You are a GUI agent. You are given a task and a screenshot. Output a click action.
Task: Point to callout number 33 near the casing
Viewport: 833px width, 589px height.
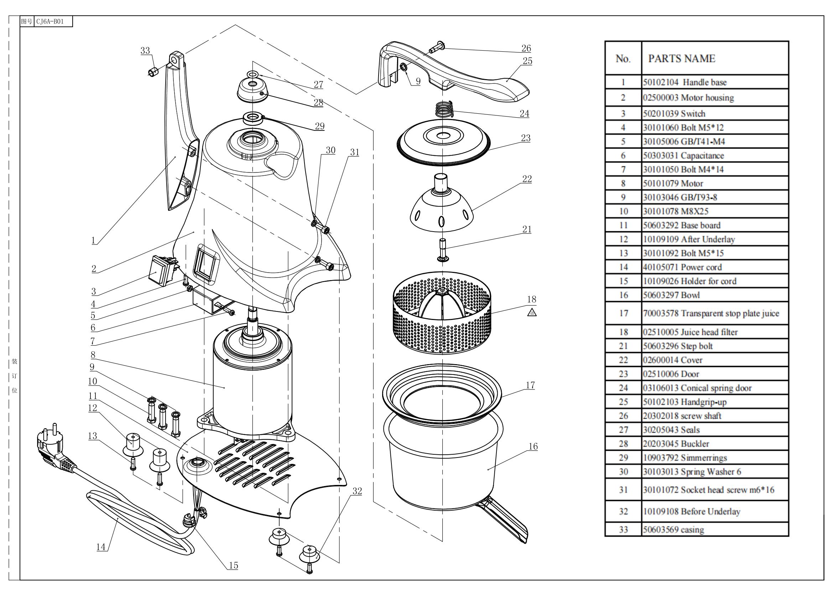pos(145,51)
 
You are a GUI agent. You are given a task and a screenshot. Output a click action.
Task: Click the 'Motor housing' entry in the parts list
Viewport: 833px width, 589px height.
pos(688,98)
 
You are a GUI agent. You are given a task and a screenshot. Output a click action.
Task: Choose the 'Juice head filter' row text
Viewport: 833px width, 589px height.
pos(690,332)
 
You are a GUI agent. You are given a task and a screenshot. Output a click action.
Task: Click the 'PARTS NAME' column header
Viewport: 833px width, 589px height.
pos(681,59)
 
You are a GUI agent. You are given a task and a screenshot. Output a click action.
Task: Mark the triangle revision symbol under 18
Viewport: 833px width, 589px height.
pos(531,312)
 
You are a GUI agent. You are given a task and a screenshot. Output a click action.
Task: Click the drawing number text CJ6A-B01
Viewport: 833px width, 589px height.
pos(50,21)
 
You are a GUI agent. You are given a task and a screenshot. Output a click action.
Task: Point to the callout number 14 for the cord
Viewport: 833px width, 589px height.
pos(101,547)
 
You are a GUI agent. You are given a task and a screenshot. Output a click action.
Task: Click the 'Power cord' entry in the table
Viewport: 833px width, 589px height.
pos(682,268)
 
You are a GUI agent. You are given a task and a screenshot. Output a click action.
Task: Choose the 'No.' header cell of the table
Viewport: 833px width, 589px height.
pos(623,59)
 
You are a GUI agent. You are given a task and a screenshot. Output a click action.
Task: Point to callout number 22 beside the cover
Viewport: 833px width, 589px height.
pos(527,179)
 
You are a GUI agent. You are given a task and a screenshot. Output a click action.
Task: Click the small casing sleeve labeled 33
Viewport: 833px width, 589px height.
pos(153,71)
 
